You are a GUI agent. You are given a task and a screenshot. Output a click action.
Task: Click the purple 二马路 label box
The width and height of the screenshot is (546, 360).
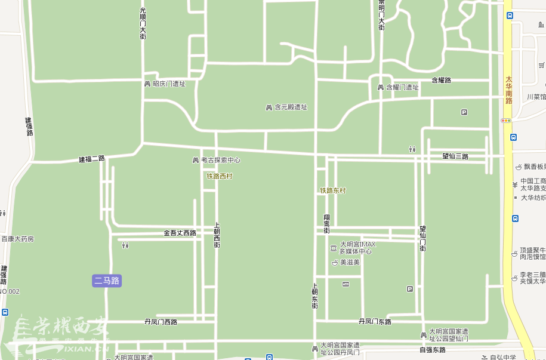pyautogui.click(x=107, y=280)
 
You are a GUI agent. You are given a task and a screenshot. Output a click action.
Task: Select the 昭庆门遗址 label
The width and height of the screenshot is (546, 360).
pyautogui.click(x=169, y=84)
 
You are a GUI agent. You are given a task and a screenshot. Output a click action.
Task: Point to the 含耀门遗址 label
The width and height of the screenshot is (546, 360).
pyautogui.click(x=402, y=87)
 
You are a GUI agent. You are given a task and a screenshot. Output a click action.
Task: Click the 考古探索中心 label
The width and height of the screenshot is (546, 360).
pyautogui.click(x=220, y=160)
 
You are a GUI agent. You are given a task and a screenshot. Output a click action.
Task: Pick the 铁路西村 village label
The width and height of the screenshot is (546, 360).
pyautogui.click(x=219, y=176)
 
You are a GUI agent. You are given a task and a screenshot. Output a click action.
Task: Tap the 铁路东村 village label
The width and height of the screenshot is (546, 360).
pyautogui.click(x=332, y=190)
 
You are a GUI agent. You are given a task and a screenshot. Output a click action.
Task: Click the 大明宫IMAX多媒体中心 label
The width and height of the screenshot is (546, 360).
pyautogui.click(x=356, y=248)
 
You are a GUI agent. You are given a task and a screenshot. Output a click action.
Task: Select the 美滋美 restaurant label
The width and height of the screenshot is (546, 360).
pyautogui.click(x=349, y=262)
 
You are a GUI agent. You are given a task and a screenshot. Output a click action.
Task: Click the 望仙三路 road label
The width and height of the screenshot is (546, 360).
pyautogui.click(x=455, y=156)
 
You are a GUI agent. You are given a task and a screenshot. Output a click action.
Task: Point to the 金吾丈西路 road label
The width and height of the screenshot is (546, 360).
pyautogui.click(x=180, y=233)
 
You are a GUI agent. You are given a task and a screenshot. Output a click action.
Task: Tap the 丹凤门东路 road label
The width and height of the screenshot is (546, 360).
pyautogui.click(x=375, y=322)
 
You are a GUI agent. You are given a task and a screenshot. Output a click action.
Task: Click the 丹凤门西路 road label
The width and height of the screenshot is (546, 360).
pyautogui.click(x=161, y=322)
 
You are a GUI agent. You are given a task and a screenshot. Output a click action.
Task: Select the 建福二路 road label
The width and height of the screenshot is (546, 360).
pyautogui.click(x=92, y=159)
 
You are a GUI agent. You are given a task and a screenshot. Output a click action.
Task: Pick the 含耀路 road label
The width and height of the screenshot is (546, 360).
pyautogui.click(x=441, y=80)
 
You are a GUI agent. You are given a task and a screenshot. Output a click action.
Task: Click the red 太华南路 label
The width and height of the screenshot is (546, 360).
pyautogui.click(x=509, y=90)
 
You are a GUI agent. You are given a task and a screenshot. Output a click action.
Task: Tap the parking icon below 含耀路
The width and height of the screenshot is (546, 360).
pyautogui.click(x=464, y=112)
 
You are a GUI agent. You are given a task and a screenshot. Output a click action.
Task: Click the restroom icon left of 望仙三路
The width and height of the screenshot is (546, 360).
pyautogui.click(x=412, y=149)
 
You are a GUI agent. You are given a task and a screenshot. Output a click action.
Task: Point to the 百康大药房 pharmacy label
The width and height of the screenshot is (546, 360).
pyautogui.click(x=17, y=239)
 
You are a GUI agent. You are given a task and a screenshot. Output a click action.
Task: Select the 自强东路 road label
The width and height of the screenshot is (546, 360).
pyautogui.click(x=432, y=349)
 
